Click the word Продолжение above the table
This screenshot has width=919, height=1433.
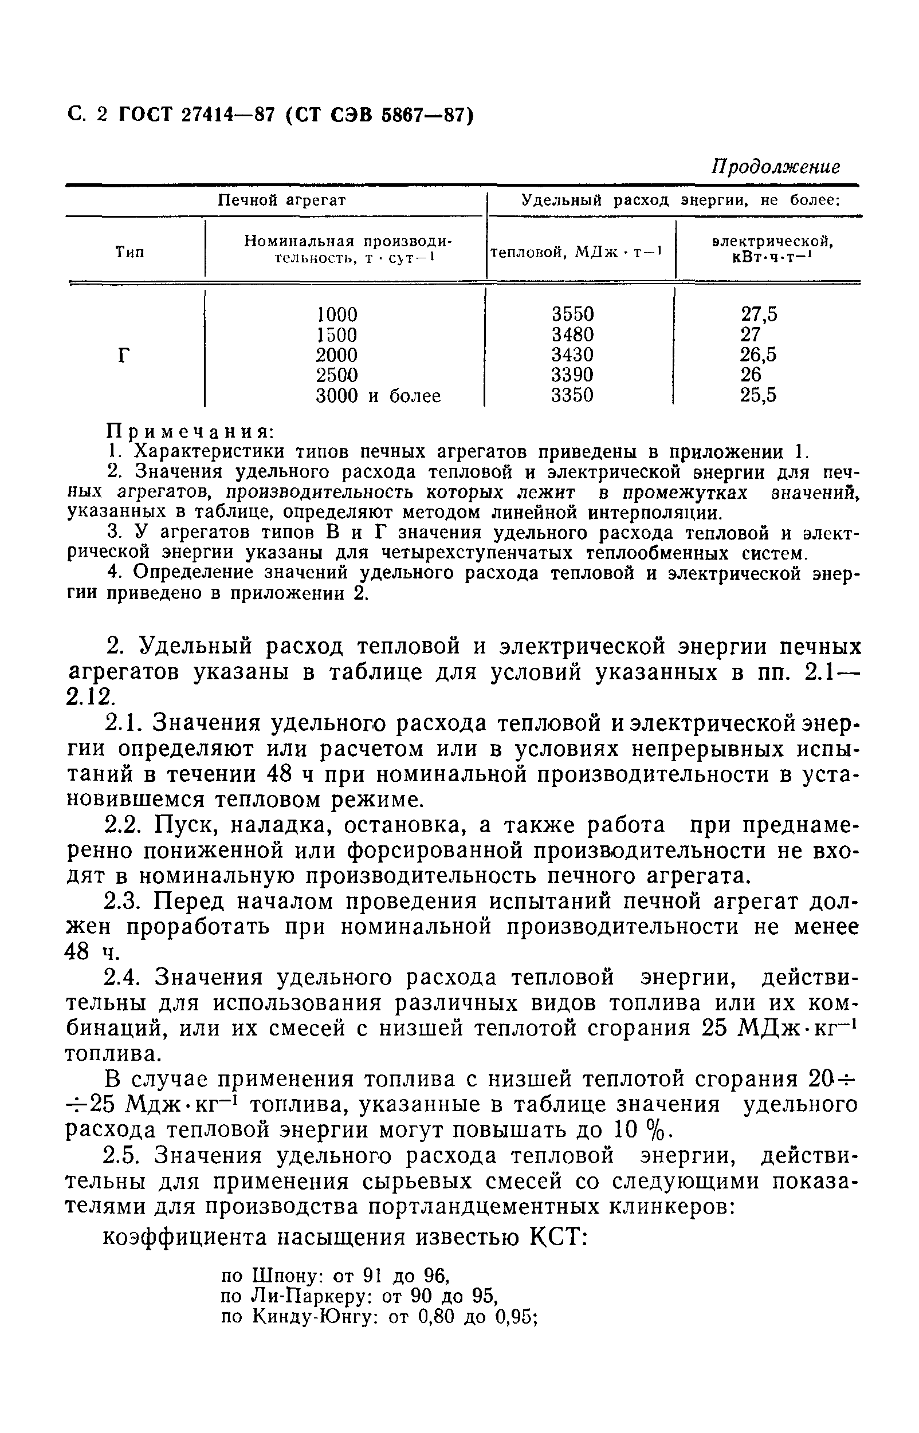pos(775,167)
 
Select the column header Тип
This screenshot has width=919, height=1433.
pos(130,253)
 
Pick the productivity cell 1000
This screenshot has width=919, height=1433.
pos(336,314)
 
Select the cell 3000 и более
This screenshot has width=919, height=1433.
pos(378,396)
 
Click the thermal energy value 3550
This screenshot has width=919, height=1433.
pos(572,314)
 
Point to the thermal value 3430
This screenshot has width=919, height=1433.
pos(572,356)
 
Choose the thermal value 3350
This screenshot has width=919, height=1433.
pos(572,396)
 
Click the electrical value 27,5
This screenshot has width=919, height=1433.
pos(759,314)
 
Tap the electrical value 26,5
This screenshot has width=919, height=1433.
pos(759,356)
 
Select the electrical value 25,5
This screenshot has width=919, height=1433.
pos(759,396)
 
